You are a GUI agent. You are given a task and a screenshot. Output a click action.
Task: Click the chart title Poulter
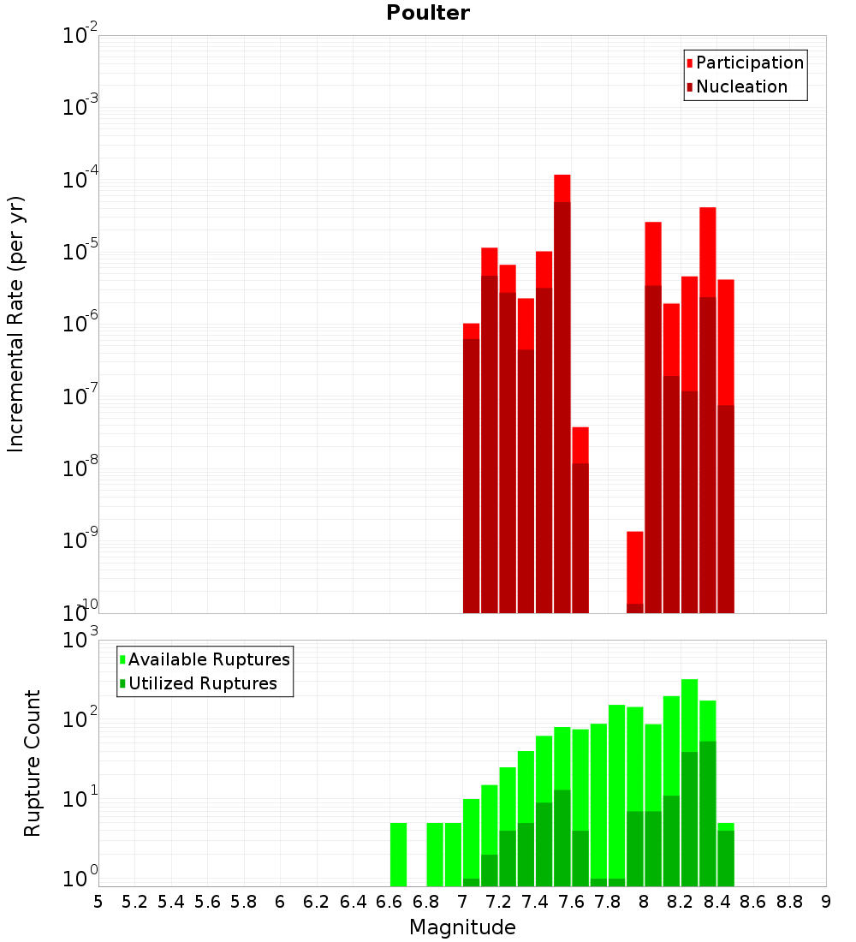tap(428, 13)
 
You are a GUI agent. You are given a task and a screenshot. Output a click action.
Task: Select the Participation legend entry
tap(745, 63)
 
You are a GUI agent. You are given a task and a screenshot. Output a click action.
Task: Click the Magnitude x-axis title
tap(462, 927)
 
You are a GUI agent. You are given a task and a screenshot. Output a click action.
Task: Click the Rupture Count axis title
tap(33, 763)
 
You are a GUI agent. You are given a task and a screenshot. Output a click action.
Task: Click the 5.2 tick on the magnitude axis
tap(134, 902)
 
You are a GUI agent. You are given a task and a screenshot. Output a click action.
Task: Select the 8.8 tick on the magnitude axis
tap(789, 902)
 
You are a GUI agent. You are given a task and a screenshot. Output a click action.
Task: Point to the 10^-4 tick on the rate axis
tap(80, 180)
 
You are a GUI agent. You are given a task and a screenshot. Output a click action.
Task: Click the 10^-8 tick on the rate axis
tap(80, 468)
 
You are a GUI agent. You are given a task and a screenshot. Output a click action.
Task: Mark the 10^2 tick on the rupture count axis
tap(80, 719)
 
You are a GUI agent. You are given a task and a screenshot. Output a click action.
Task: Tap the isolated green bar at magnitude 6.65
tap(398, 855)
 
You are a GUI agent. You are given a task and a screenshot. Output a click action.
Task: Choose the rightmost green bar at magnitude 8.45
tap(726, 855)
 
